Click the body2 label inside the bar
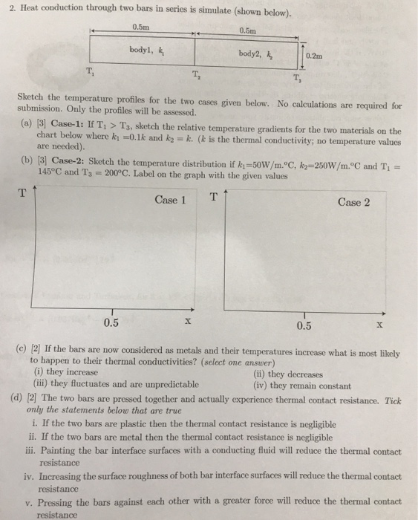coord(253,53)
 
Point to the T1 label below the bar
coord(90,72)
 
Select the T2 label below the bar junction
coord(195,76)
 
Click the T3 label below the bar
coord(297,80)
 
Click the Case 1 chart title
coord(171,199)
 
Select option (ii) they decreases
coord(290,374)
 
